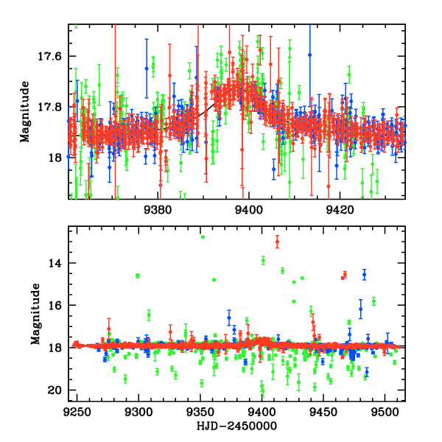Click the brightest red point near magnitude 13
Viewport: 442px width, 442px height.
pyautogui.click(x=277, y=241)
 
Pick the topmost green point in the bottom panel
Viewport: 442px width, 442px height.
pyautogui.click(x=203, y=236)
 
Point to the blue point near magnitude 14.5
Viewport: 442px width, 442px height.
pyautogui.click(x=364, y=274)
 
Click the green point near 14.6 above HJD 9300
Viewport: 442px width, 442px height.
pyautogui.click(x=137, y=276)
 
